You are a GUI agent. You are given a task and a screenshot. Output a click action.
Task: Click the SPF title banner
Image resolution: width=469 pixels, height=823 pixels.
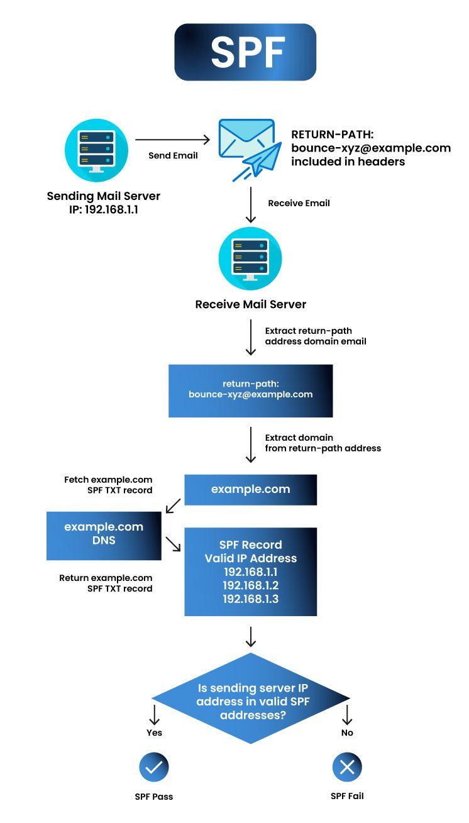coord(245,52)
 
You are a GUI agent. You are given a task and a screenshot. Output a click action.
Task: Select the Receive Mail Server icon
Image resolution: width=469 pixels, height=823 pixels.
coord(250,258)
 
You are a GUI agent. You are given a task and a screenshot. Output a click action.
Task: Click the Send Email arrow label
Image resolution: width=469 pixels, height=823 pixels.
coord(173,155)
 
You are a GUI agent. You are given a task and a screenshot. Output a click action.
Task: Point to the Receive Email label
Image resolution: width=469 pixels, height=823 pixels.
coord(299,203)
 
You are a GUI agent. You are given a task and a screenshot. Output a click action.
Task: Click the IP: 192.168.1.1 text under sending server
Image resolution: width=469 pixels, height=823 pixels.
coord(104,210)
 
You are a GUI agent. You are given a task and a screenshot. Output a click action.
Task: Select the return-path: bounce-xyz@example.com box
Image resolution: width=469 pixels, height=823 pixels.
coord(250,390)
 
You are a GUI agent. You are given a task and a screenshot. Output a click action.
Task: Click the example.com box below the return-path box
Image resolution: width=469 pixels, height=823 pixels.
coord(250,489)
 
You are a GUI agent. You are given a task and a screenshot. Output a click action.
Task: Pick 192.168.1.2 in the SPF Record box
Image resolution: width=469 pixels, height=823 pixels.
coord(250,585)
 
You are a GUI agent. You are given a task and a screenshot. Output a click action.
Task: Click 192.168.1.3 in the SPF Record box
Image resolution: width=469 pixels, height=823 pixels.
coord(250,599)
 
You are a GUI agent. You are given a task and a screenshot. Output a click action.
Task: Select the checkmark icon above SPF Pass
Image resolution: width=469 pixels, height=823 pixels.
coord(154,766)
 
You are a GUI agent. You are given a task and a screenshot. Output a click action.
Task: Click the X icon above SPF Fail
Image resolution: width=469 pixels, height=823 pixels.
coord(347,766)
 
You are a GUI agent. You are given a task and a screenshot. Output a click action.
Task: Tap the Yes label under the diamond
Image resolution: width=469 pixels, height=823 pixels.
coord(154,732)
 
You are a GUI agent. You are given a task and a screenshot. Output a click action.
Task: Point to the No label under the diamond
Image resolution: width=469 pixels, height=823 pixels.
coord(347,732)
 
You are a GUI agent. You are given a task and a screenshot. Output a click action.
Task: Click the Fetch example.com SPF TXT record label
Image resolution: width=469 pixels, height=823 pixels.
coord(108,485)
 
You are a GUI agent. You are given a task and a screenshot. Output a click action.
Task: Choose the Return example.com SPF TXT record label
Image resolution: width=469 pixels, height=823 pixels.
coord(106,583)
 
